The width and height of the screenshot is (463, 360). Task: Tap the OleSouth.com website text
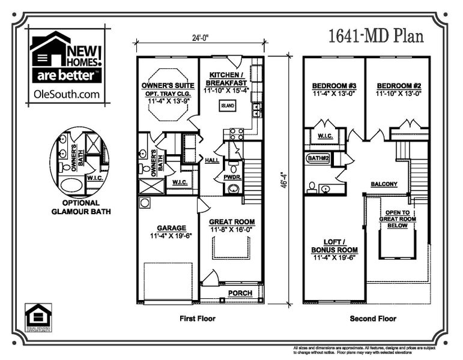pyautogui.click(x=66, y=94)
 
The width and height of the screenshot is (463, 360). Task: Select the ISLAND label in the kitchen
pyautogui.click(x=228, y=106)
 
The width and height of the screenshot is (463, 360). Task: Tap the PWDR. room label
pyautogui.click(x=232, y=178)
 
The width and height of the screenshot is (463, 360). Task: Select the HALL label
pyautogui.click(x=212, y=161)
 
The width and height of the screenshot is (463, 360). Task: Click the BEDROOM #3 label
pyautogui.click(x=334, y=85)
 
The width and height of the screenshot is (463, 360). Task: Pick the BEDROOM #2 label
pyautogui.click(x=398, y=85)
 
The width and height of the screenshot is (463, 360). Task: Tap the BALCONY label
pyautogui.click(x=384, y=184)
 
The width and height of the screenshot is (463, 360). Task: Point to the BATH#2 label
pyautogui.click(x=317, y=158)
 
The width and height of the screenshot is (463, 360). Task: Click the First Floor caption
pyautogui.click(x=198, y=319)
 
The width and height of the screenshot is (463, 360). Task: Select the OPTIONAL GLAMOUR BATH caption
pyautogui.click(x=80, y=206)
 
